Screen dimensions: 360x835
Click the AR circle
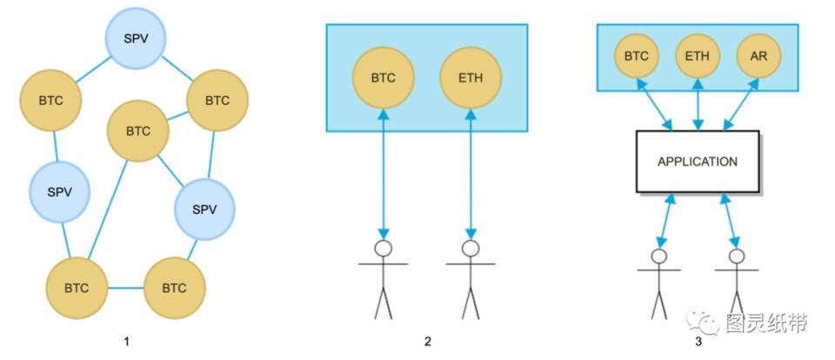758,57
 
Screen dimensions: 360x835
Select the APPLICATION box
697,162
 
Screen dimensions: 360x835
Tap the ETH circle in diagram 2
470,77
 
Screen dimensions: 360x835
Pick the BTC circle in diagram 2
383,77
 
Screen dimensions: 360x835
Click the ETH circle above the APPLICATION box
698,57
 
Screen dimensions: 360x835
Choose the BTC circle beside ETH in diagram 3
637,57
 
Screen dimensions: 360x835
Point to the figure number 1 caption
127,342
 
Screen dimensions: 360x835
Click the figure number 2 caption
427,342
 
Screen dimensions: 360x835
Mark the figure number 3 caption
698,342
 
